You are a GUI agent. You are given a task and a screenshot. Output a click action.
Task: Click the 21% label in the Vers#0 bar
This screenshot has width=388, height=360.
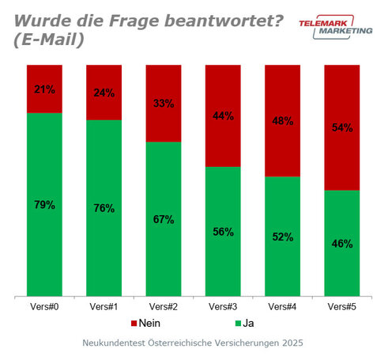[44, 89]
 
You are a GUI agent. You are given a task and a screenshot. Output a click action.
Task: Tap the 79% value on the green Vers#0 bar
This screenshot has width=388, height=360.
[44, 205]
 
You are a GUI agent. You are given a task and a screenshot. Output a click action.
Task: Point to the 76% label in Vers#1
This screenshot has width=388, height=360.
[104, 208]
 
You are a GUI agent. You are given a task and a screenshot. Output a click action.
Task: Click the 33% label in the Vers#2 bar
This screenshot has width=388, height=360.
[164, 103]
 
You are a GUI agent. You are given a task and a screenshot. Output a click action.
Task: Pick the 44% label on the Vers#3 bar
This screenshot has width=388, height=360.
[223, 116]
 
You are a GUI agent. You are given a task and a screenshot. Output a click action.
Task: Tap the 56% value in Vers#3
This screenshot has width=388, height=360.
[223, 231]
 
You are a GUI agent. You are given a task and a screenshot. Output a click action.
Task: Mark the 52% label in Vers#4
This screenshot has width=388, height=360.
[282, 237]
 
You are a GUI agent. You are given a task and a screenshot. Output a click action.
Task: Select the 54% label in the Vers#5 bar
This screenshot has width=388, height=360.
[341, 128]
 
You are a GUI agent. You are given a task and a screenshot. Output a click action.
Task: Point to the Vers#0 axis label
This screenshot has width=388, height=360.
[44, 305]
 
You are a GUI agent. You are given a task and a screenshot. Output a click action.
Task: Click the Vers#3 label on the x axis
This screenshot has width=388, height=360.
[223, 305]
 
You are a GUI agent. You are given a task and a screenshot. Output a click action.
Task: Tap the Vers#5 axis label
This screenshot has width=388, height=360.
[341, 305]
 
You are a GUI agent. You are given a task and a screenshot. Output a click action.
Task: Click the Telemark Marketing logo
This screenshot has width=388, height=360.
[334, 27]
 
